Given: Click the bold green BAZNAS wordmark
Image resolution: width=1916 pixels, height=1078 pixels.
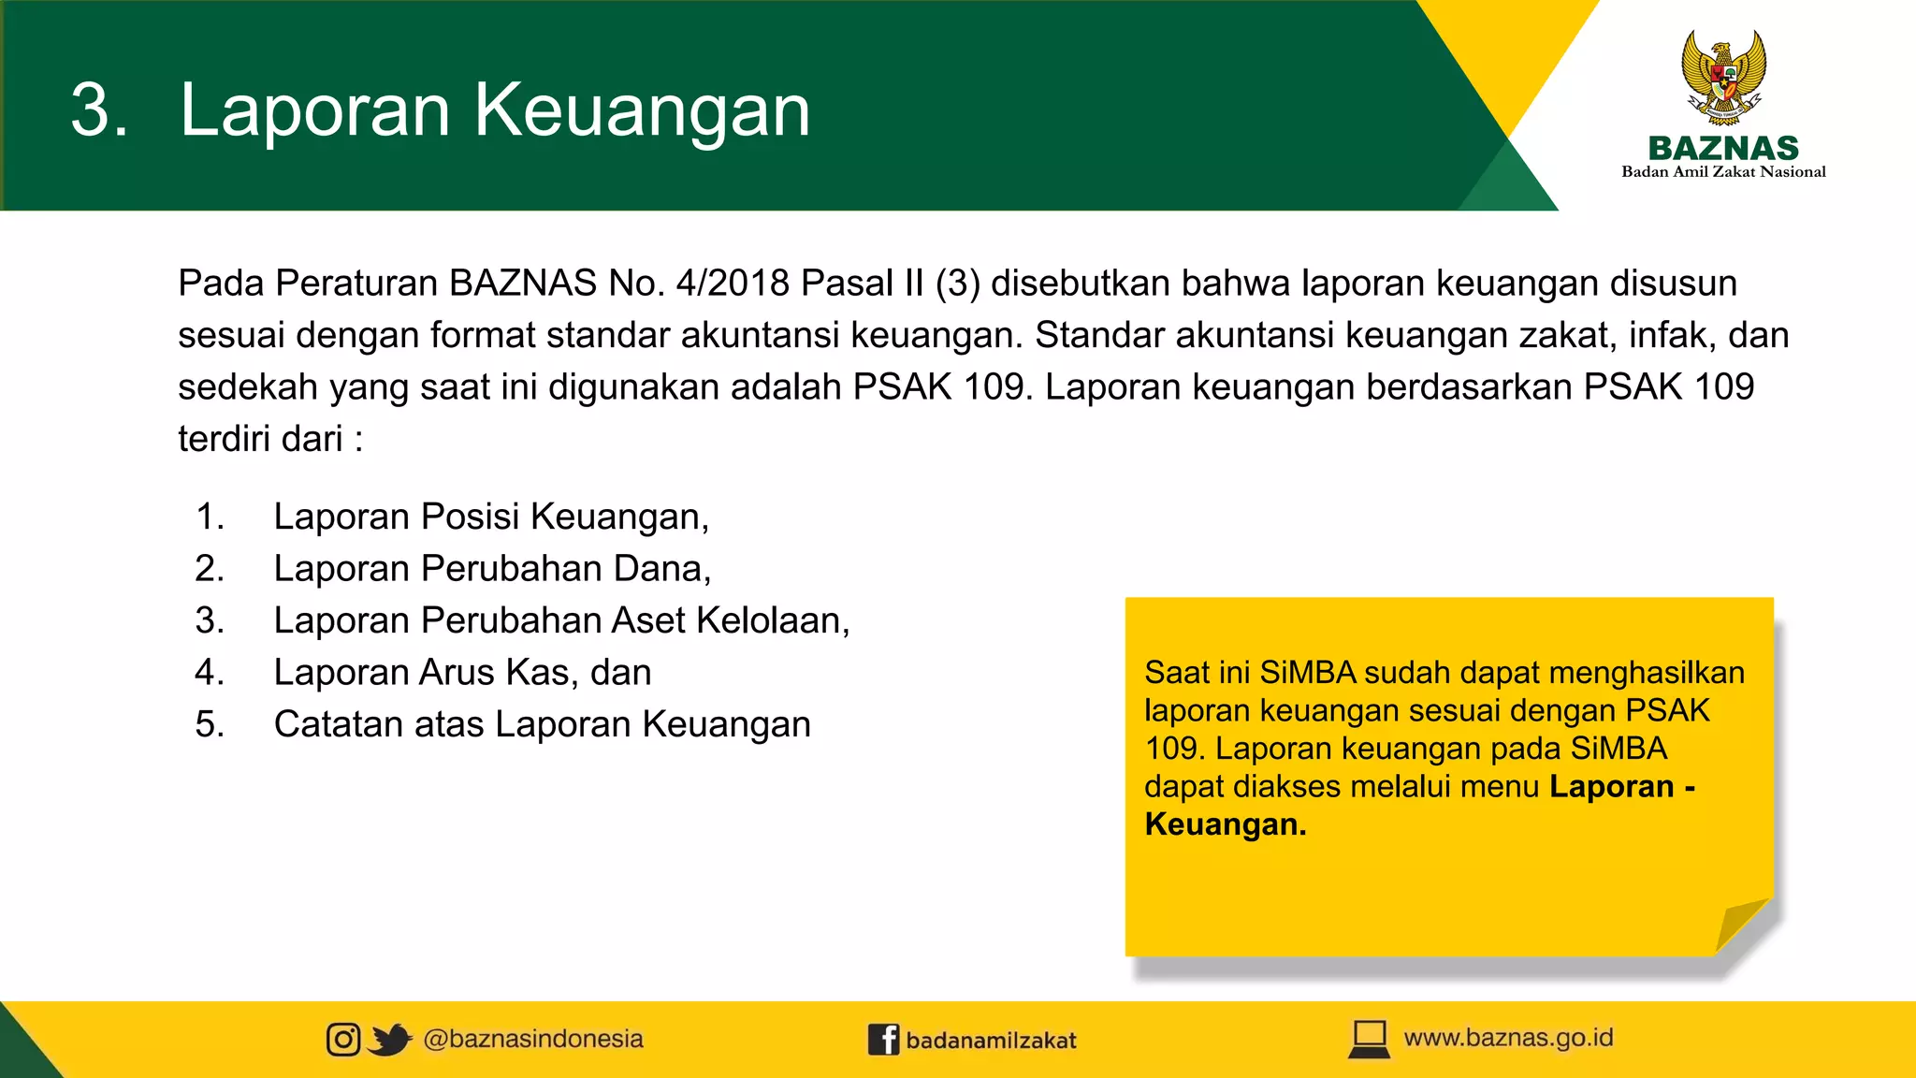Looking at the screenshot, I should pyautogui.click(x=1723, y=148).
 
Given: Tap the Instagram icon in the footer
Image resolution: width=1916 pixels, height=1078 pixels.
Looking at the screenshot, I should pyautogui.click(x=343, y=1039).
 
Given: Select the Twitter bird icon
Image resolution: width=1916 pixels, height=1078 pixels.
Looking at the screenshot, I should pyautogui.click(x=389, y=1039).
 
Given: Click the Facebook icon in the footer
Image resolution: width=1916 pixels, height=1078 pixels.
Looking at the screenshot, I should pyautogui.click(x=883, y=1039).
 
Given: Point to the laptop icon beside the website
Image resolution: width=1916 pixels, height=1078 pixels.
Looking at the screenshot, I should pyautogui.click(x=1370, y=1039).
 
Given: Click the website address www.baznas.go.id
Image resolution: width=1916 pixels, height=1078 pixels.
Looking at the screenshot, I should pyautogui.click(x=1508, y=1038).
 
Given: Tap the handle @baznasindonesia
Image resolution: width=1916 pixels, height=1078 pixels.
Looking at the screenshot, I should pyautogui.click(x=533, y=1039).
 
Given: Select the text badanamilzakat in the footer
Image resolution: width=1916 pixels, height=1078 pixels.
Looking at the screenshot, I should pyautogui.click(x=991, y=1040).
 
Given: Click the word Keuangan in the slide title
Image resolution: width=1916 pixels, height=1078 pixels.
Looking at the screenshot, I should pyautogui.click(x=642, y=110).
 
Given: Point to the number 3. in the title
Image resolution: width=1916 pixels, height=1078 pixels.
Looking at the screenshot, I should pyautogui.click(x=99, y=110).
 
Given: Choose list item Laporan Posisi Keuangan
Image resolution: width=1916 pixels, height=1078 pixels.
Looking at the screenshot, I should pyautogui.click(x=491, y=517).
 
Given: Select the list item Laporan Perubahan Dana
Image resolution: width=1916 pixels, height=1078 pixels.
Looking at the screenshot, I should pyautogui.click(x=492, y=569).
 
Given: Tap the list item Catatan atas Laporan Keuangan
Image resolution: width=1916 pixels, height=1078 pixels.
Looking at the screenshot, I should pyautogui.click(x=542, y=724).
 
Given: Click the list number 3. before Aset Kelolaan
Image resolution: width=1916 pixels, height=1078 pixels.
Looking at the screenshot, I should pyautogui.click(x=210, y=620).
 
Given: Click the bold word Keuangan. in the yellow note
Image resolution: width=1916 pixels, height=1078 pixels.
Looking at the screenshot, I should pyautogui.click(x=1226, y=824).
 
